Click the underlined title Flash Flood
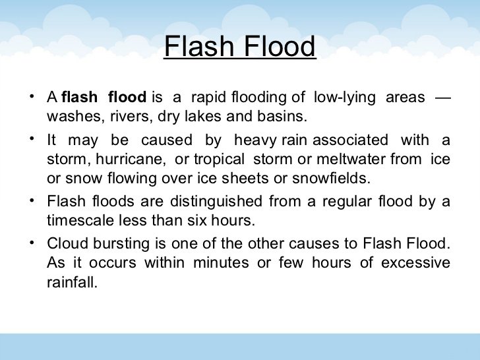[x=239, y=47]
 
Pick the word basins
[x=286, y=117]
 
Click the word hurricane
[x=123, y=159]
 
